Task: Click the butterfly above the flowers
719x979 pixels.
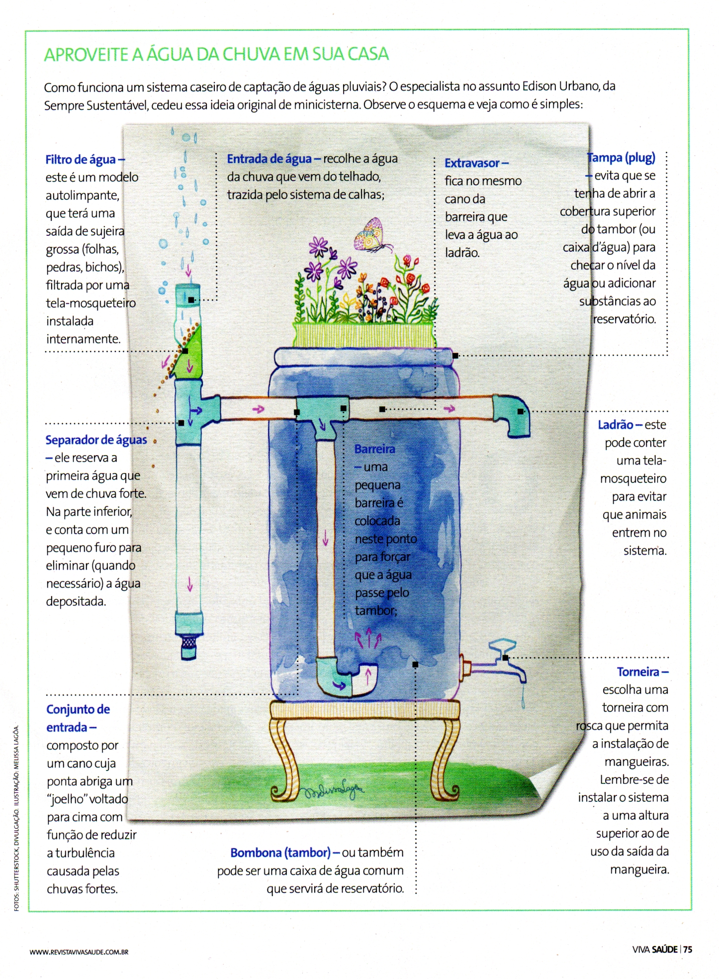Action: coord(372,235)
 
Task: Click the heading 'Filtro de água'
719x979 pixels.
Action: coord(81,160)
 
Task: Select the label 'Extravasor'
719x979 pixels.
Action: coord(472,163)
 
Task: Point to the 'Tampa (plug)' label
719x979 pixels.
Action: coord(621,158)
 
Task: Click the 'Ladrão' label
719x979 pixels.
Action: coord(615,425)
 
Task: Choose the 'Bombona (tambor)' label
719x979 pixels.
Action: coord(280,853)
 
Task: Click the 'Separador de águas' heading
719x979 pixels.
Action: coord(96,440)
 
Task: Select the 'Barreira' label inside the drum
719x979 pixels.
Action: coord(374,449)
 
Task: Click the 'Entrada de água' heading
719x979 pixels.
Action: coord(269,159)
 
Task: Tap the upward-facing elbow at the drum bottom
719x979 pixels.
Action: coord(348,677)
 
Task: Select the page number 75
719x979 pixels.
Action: coord(688,949)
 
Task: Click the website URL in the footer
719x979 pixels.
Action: coord(79,952)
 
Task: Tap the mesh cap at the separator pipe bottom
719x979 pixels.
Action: coord(188,646)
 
